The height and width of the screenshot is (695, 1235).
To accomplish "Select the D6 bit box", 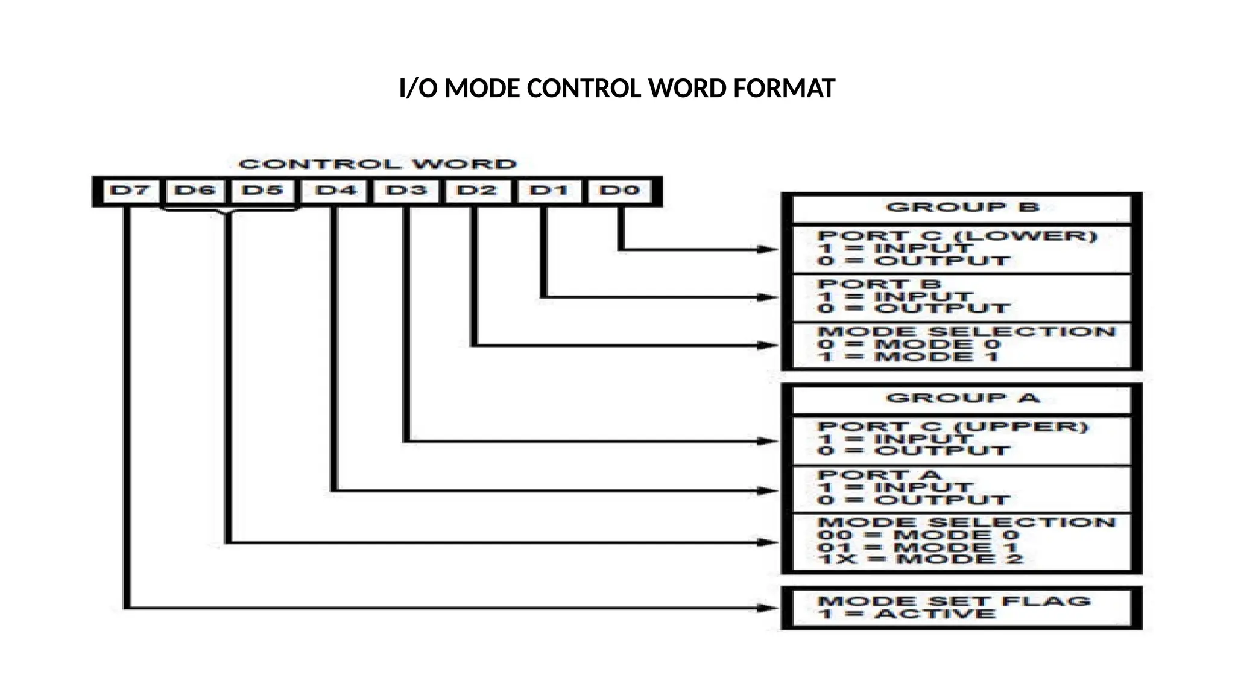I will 195,191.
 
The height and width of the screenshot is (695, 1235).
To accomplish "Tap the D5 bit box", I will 262,191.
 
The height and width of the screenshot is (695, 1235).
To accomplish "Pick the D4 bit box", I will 336,191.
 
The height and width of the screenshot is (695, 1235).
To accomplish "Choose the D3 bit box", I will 406,191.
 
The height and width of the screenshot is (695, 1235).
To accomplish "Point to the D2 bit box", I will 476,191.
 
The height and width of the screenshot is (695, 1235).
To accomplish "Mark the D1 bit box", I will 548,191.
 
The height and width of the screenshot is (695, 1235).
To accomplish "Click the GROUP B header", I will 962,208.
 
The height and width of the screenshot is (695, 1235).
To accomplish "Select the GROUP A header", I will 962,398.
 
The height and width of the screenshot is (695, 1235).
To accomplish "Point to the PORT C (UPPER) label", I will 953,427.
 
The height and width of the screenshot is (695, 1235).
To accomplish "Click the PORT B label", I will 879,284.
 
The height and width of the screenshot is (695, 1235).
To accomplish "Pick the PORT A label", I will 879,475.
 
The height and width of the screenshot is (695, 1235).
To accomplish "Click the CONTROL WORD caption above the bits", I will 377,164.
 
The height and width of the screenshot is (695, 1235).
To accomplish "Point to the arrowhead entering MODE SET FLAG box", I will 768,608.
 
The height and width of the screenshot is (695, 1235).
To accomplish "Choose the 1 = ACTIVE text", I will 907,615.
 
